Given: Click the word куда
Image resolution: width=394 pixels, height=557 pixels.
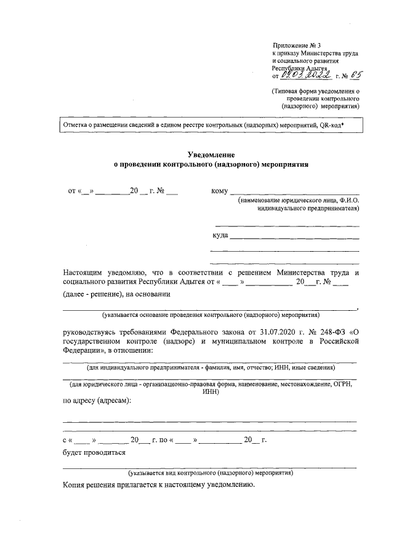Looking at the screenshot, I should tap(220, 235).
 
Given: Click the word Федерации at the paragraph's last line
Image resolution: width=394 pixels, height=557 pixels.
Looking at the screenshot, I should tap(84, 351).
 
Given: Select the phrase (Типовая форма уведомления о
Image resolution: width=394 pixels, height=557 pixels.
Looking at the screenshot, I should tap(316, 91).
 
